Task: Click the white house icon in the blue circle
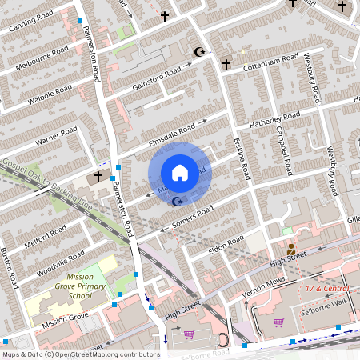click(180, 172)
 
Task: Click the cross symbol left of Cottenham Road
click(226, 63)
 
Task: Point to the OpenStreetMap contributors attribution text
click(80, 354)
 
